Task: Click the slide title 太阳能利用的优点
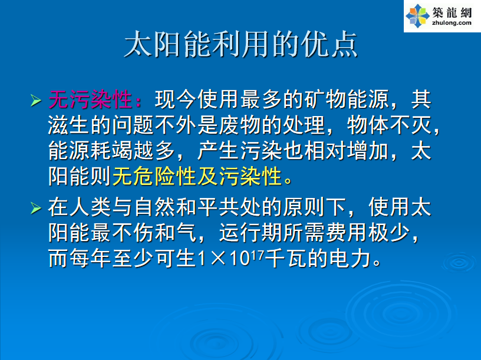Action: pyautogui.click(x=241, y=44)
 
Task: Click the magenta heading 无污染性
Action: pyautogui.click(x=90, y=100)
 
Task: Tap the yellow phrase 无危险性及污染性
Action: pyautogui.click(x=197, y=176)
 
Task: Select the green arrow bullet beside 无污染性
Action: pyautogui.click(x=36, y=101)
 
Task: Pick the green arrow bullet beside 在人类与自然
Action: pyautogui.click(x=36, y=209)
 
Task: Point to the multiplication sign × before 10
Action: pyautogui.click(x=218, y=259)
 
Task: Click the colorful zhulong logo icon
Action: pyautogui.click(x=417, y=16)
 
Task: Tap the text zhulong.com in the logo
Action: pyautogui.click(x=452, y=23)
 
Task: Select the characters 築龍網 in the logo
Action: pyautogui.click(x=452, y=12)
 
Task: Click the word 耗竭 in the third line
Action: pyautogui.click(x=111, y=151)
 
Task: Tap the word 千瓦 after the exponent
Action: pyautogui.click(x=286, y=259)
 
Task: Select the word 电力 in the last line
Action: pyautogui.click(x=350, y=259)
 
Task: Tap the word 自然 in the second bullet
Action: pyautogui.click(x=154, y=207)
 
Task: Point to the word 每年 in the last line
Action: pyautogui.click(x=90, y=259)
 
